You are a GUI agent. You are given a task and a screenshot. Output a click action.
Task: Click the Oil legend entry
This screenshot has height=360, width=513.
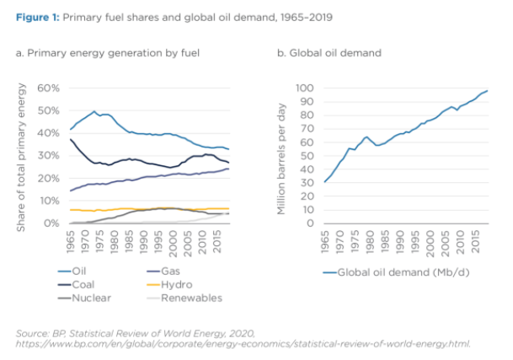79,271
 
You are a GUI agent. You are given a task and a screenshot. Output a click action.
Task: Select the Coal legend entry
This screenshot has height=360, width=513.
82,284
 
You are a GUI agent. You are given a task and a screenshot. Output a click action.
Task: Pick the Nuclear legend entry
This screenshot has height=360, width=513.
87,298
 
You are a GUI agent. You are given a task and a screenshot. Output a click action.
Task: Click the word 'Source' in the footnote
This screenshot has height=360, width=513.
30,334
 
